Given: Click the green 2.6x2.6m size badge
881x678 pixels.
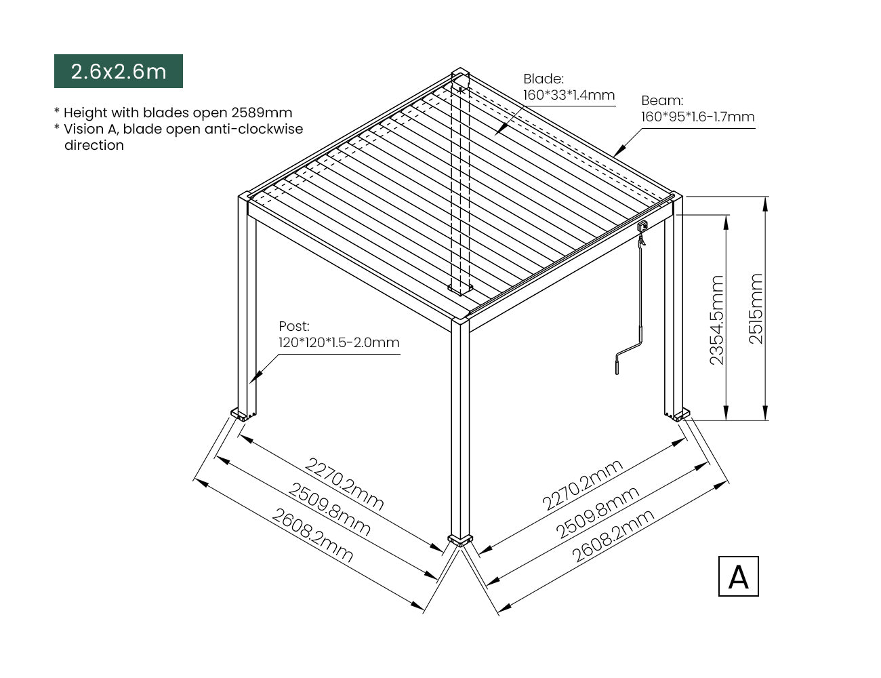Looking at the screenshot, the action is coord(119,71).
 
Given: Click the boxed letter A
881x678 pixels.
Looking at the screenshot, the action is coord(738,576).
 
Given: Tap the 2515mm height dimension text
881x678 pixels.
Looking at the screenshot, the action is coord(756,309).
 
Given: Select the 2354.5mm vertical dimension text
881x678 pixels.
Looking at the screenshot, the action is coord(717,320).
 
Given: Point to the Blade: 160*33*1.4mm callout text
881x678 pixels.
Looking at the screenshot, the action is coord(569,87).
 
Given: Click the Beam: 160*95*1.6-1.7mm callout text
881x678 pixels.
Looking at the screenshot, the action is coord(698,108).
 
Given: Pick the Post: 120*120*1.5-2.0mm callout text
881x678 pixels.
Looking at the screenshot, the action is coord(339,334).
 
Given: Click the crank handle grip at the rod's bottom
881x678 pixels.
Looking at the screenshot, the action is coord(617,364).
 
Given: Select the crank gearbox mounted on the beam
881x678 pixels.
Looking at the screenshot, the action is coord(642,226).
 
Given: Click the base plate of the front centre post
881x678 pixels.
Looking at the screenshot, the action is coord(460,541).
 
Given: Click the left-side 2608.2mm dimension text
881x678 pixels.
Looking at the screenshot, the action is coord(312,535).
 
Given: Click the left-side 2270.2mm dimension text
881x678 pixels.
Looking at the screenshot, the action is coord(344,484).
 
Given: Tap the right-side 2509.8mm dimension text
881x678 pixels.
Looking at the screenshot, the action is coord(597,512).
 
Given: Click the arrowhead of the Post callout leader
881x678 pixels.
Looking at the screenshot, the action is coord(254,378).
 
